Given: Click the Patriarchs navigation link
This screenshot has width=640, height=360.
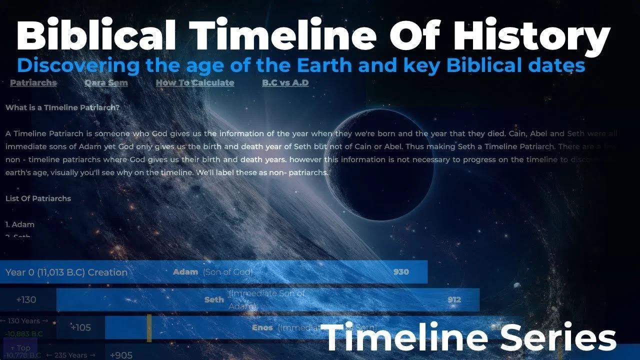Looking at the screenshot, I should (33, 83).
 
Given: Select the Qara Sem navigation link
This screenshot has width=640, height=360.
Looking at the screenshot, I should (106, 83).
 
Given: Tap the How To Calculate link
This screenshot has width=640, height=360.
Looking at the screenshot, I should (194, 83).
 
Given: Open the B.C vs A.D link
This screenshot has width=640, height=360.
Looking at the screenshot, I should (285, 83).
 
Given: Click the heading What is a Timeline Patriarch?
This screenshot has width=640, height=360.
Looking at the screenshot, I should (62, 107).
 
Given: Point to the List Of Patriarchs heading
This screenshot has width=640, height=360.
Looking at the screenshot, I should (38, 198).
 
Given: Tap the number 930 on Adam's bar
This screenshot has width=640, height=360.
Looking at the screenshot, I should (401, 272).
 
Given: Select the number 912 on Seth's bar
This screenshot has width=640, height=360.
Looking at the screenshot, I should (454, 300).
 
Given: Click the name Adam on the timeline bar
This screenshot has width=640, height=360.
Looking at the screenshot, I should (185, 272).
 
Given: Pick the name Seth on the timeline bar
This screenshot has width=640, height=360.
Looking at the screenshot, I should (214, 300).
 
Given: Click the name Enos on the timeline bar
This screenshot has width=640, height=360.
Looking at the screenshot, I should (262, 328).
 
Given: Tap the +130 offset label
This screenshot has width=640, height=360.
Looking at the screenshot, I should (26, 300).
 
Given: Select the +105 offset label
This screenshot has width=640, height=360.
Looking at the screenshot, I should (80, 328).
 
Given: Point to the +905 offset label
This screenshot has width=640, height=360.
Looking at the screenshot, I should (120, 355).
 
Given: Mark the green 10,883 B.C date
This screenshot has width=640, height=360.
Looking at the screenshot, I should (24, 334).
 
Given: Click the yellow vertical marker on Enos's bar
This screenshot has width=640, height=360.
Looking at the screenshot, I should (149, 328).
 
